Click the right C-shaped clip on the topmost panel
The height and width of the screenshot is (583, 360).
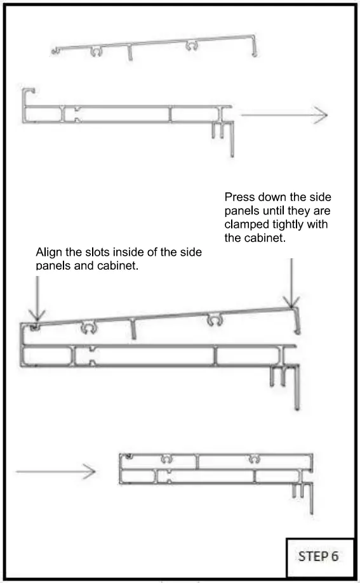point(190,46)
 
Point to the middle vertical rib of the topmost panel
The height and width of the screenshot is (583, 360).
point(130,54)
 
